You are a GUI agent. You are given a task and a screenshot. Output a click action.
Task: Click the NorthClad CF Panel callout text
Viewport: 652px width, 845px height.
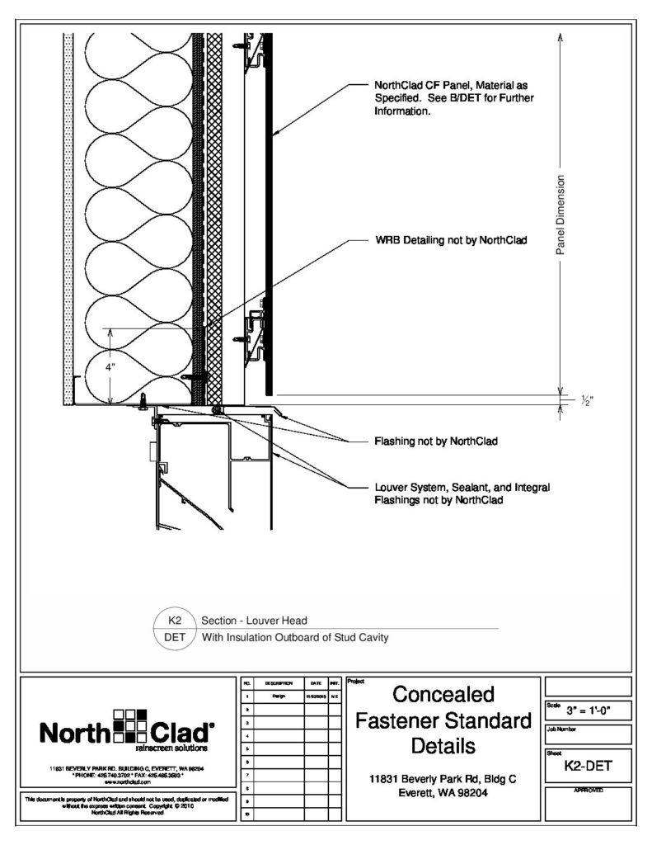pos(454,98)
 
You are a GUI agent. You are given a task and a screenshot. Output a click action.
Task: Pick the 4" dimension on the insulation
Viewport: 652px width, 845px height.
pos(111,368)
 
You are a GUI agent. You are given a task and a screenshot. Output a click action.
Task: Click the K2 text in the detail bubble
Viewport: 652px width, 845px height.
pos(174,620)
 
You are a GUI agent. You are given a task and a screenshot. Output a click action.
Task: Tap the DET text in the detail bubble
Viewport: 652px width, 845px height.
pos(174,637)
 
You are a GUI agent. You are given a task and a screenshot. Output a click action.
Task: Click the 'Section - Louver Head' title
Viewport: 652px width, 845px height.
pos(255,621)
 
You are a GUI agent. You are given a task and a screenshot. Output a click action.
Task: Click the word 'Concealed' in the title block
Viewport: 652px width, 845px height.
pos(442,694)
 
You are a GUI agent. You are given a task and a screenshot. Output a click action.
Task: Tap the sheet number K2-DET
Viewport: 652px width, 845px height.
pos(587,767)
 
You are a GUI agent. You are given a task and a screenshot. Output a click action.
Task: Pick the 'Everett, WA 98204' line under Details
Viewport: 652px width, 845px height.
pos(442,793)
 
